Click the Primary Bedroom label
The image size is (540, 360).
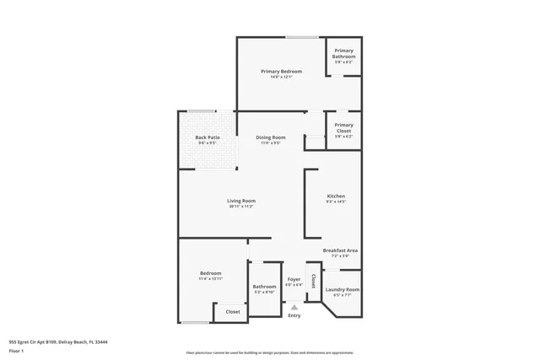[x=281, y=72]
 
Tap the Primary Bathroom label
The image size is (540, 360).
[x=343, y=54]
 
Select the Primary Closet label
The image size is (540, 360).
[x=343, y=127]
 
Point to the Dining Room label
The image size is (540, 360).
[x=271, y=137]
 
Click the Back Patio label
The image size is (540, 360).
[x=207, y=137]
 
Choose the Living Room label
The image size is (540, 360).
[x=241, y=201]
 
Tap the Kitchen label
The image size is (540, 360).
[x=336, y=196]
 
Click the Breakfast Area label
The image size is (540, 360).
[x=341, y=250]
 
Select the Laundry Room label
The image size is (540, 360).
[x=346, y=289]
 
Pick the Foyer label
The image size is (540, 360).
[x=294, y=279]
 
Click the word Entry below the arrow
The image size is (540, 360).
[x=294, y=315]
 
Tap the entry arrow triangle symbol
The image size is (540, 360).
[x=294, y=307]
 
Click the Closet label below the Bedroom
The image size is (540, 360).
[x=232, y=312]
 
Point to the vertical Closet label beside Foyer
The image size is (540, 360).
[x=313, y=281]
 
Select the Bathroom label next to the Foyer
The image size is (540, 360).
[x=264, y=286]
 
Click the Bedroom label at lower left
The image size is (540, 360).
[x=211, y=273]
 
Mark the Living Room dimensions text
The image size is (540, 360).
[x=241, y=207]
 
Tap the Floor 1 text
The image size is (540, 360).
[x=17, y=350]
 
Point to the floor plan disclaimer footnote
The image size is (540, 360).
[x=270, y=352]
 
